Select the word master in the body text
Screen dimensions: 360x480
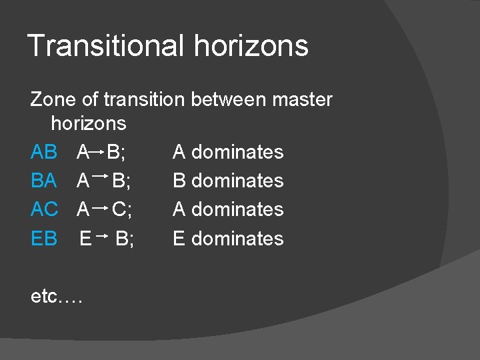[x=302, y=100]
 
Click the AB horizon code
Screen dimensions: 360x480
[x=44, y=152]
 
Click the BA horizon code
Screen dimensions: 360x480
[x=44, y=181]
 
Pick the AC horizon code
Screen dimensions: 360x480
[x=44, y=209]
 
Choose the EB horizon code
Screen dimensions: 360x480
[x=44, y=239]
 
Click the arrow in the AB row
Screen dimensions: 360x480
[x=97, y=153]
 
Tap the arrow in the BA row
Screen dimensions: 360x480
[x=101, y=177]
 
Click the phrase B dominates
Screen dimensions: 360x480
[x=228, y=181]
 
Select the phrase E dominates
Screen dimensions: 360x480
[x=228, y=239]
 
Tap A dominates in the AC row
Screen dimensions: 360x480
[x=228, y=209]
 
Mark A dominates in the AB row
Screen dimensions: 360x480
[x=228, y=152]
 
